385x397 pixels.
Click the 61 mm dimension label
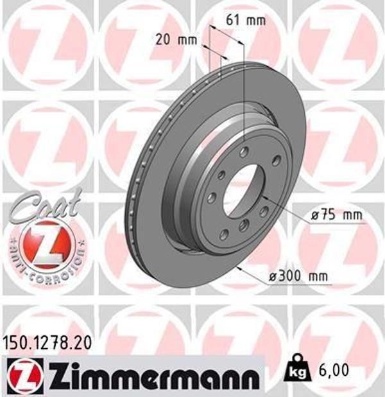pyautogui.click(x=246, y=20)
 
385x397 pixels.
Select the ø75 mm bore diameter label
pyautogui.click(x=336, y=215)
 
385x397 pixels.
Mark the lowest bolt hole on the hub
pyautogui.click(x=244, y=225)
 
